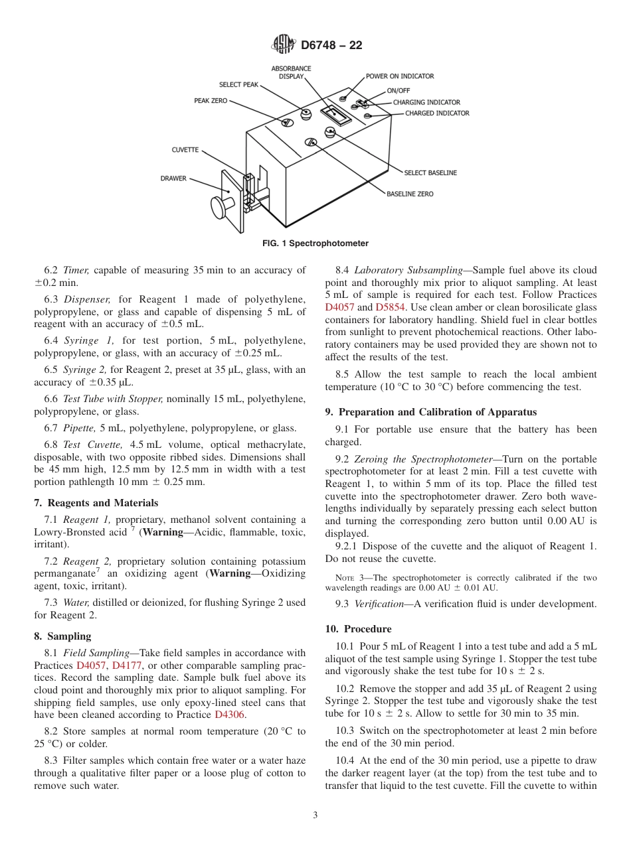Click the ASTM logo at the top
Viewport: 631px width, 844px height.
point(284,45)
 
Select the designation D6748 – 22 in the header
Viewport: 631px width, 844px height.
point(331,46)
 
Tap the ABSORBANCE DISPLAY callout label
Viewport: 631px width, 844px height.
point(287,72)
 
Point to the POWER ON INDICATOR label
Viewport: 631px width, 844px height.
point(400,76)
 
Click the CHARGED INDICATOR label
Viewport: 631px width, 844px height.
point(437,113)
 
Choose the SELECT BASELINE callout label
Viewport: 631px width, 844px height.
point(430,173)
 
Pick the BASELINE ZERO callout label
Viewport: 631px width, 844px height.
point(410,194)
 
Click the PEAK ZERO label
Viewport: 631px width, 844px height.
point(211,101)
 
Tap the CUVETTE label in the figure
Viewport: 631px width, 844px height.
point(185,150)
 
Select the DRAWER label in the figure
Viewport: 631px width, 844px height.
point(173,178)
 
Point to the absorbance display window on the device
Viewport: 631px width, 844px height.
point(335,115)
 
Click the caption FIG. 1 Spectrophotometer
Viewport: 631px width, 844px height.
point(315,244)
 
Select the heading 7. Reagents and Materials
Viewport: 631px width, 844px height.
point(96,503)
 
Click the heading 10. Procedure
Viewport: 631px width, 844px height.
point(358,628)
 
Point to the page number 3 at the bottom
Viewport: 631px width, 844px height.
point(315,815)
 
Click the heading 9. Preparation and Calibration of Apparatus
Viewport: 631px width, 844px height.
point(431,412)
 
